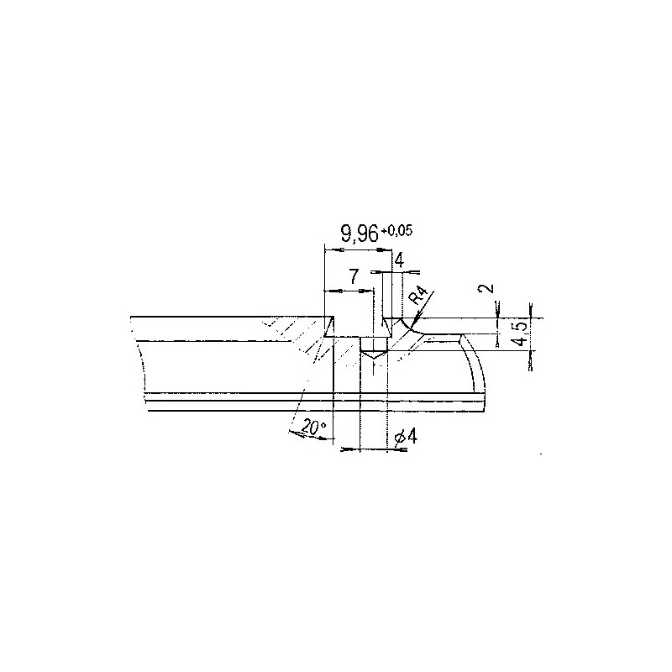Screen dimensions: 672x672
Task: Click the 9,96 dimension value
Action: pos(360,236)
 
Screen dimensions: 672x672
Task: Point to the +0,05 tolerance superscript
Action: pos(397,231)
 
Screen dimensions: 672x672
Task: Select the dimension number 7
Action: pos(354,276)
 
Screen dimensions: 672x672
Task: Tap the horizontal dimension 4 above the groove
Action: pos(398,260)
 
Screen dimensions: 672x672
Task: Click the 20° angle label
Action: pos(314,428)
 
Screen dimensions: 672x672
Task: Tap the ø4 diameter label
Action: pos(402,436)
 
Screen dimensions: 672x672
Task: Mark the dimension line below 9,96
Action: pos(357,249)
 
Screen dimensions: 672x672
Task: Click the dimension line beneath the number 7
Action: pos(349,291)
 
